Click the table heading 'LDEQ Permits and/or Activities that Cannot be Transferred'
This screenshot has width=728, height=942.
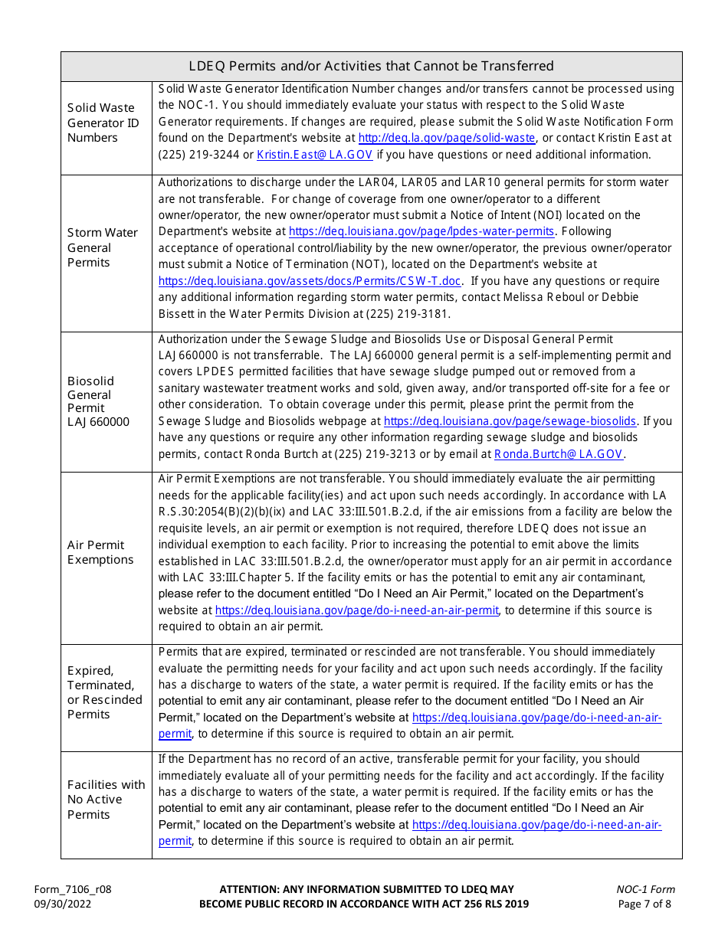click(371, 66)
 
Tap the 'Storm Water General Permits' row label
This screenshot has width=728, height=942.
click(103, 247)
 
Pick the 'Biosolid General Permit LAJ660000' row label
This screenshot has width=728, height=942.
click(98, 401)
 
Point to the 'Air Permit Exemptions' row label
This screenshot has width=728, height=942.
click(100, 552)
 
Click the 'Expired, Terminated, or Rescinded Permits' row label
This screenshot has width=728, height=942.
click(105, 692)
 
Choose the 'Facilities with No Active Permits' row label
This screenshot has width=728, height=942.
click(106, 800)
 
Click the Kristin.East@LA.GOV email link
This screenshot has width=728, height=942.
click(314, 155)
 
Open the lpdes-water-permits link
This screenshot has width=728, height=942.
click(421, 231)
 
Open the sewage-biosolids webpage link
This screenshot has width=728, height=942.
click(510, 420)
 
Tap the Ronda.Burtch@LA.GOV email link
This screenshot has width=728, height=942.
click(559, 454)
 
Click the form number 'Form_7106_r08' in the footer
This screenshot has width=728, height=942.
click(72, 889)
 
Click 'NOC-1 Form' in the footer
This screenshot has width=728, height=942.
click(645, 889)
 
